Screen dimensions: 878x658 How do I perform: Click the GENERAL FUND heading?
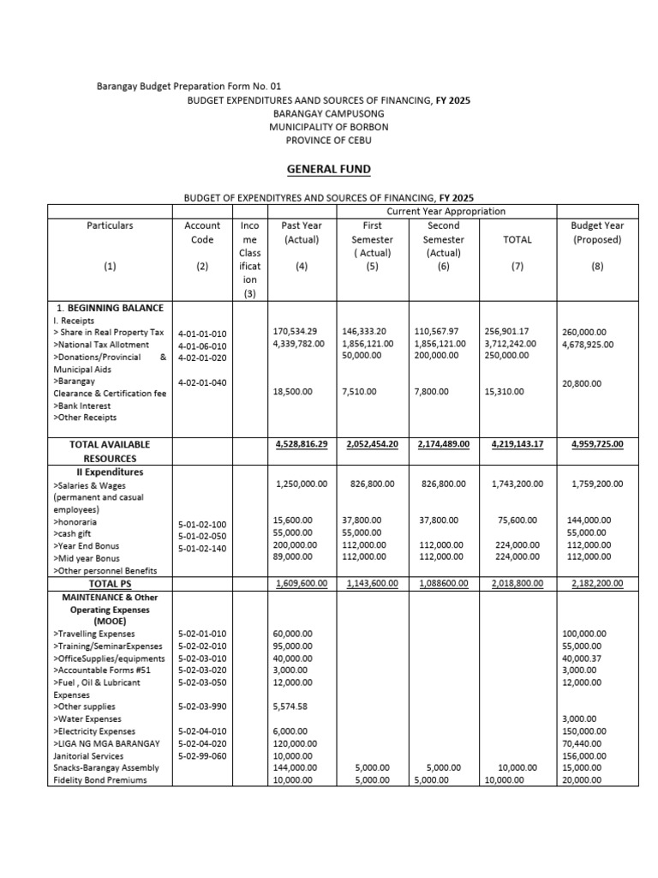pos(328,170)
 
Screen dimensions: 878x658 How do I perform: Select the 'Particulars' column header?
pos(110,226)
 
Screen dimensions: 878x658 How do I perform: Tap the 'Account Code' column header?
pos(202,232)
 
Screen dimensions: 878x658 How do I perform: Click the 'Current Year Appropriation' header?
pos(446,211)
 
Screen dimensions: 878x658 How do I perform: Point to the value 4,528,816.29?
pos(301,444)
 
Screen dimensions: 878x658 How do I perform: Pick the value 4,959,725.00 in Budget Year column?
pos(596,444)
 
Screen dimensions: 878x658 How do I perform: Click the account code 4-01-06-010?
pos(202,345)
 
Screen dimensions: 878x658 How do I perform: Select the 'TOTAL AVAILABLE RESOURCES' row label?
pos(110,451)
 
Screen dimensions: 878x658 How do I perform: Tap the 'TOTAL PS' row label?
pos(110,583)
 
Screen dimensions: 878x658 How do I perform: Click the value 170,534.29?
pos(295,331)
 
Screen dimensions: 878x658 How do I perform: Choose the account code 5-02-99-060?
pos(202,756)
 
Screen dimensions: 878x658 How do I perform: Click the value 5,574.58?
pos(290,707)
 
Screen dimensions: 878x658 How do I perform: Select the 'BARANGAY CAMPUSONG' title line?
pos(328,113)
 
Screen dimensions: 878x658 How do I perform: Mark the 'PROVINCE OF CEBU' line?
pos(328,140)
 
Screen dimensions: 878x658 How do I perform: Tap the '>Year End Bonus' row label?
pos(87,545)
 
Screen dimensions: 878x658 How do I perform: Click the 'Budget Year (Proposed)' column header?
pos(596,232)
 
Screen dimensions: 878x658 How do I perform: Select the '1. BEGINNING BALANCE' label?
pos(108,307)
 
